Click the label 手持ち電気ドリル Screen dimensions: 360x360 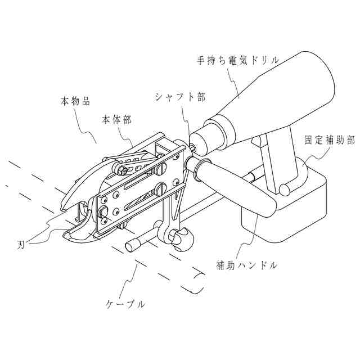click(238, 59)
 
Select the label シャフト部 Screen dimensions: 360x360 click(180, 97)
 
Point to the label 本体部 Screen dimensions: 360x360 click(117, 120)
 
